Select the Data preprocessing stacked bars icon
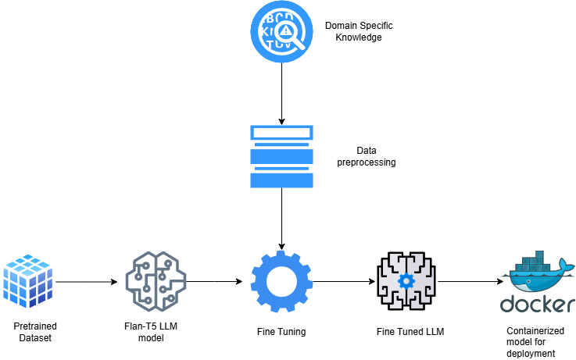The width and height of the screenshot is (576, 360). coord(281,156)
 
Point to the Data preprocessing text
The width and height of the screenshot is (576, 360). coord(366,157)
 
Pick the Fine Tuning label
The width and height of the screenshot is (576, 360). coord(281,332)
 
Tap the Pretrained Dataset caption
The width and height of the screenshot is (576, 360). coord(35,331)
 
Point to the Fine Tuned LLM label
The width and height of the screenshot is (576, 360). coord(406,332)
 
